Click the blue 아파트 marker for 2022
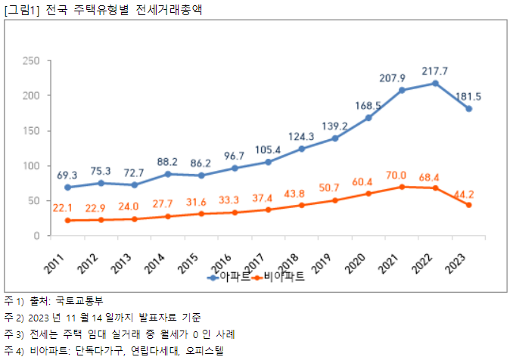tap(435, 83)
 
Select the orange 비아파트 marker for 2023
tap(468, 205)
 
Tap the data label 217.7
tap(435, 71)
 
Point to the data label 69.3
tap(67, 175)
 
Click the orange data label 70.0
tap(402, 175)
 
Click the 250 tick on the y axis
tap(30, 61)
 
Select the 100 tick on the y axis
tap(30, 166)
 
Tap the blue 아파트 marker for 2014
tap(168, 174)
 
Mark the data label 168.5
tap(369, 106)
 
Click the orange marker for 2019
tap(335, 200)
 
